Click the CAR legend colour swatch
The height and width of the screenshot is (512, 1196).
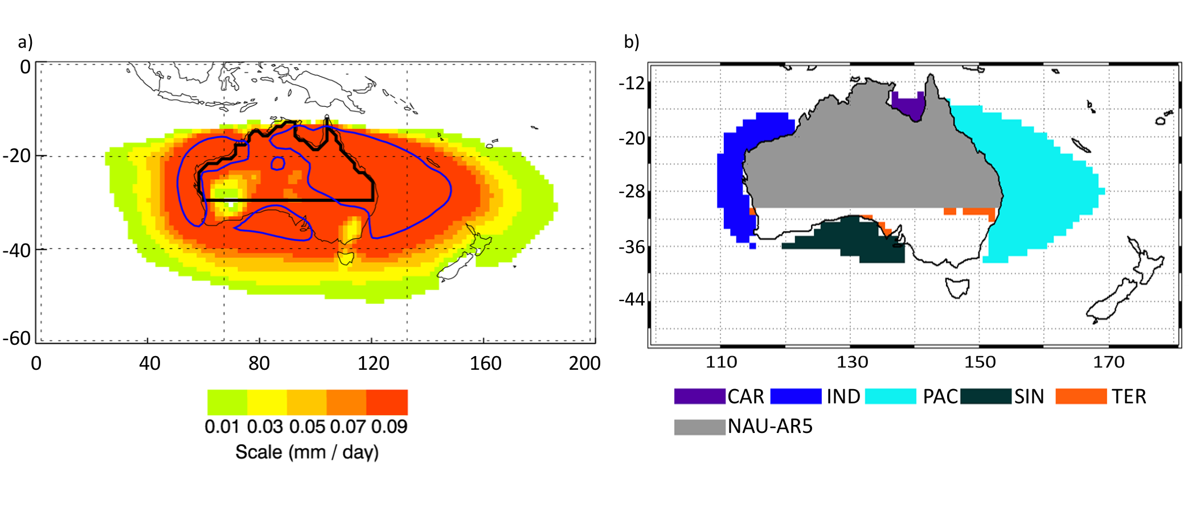[x=699, y=396]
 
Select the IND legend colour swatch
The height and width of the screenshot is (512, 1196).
[x=796, y=396]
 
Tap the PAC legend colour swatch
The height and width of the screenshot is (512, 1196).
[x=890, y=396]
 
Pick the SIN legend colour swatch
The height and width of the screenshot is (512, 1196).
[x=985, y=396]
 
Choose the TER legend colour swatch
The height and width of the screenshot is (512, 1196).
[x=1081, y=396]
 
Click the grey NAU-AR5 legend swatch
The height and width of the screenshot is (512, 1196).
[x=699, y=427]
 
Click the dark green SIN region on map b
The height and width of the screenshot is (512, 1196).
[x=854, y=239]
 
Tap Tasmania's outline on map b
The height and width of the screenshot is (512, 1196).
[x=958, y=287]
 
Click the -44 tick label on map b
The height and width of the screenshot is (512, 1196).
[x=632, y=299]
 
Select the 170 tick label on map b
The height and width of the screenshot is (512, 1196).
[x=1108, y=362]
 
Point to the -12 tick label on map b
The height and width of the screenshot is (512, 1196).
[x=632, y=84]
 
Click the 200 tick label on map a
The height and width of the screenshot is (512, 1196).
[x=584, y=364]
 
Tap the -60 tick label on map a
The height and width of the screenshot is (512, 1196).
[x=17, y=338]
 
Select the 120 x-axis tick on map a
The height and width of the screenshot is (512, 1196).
[x=373, y=364]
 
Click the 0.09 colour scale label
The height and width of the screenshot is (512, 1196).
[x=389, y=427]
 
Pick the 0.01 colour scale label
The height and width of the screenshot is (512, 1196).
[x=222, y=427]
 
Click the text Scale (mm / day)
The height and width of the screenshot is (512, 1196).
[x=307, y=452]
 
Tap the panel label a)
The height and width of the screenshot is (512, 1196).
[x=26, y=42]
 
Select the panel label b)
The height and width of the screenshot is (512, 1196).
[x=632, y=42]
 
